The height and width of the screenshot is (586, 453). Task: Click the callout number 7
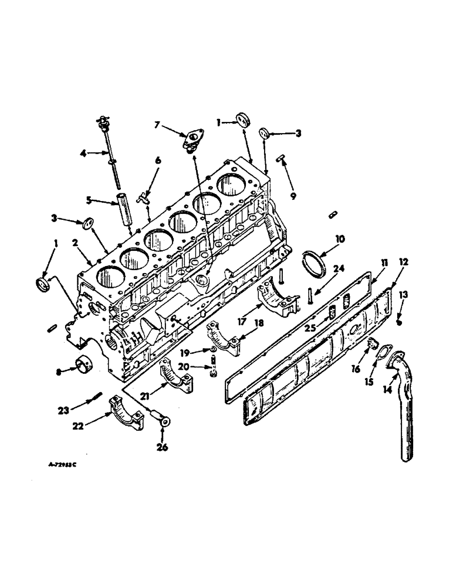(157, 124)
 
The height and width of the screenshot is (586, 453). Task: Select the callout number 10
(341, 239)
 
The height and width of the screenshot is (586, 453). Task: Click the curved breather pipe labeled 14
(405, 410)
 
